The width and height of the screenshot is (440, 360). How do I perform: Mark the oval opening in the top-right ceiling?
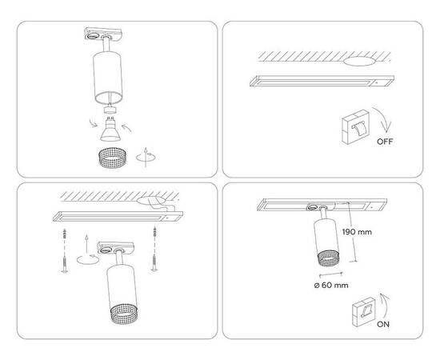click(364, 61)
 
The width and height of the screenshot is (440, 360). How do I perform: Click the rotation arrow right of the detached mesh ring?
click(143, 155)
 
